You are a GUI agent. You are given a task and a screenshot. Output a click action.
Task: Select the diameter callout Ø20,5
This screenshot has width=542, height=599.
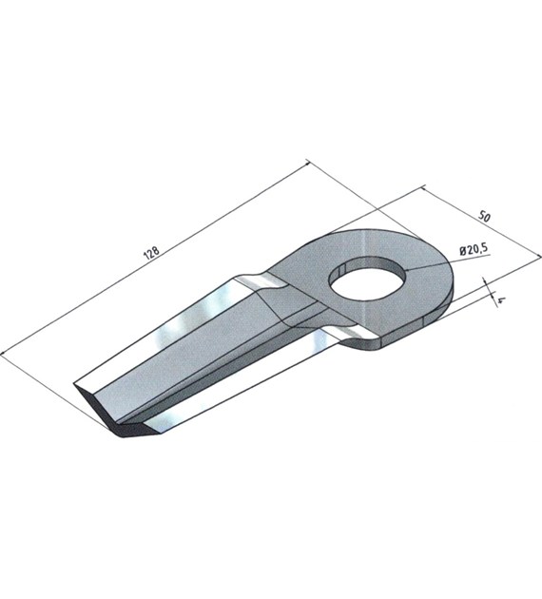[474, 249]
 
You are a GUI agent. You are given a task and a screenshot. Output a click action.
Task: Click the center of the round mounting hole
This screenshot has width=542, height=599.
[369, 278]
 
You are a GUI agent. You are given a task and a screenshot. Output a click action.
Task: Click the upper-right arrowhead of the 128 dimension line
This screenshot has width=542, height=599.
[307, 163]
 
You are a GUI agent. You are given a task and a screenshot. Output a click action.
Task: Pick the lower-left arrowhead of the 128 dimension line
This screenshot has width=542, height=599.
[3, 353]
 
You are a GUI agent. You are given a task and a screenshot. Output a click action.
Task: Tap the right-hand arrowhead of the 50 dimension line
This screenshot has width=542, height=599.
[538, 255]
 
